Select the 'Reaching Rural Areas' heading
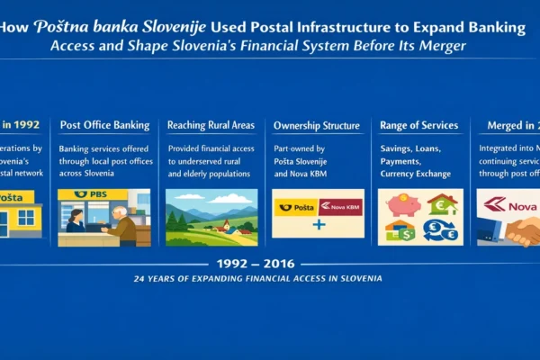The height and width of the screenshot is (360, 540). (211, 125)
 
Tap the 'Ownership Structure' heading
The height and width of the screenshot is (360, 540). (317, 125)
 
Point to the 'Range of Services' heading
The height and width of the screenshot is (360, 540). (418, 125)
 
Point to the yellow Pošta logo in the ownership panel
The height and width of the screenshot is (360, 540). (295, 207)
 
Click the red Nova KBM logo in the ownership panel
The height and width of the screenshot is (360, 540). (339, 207)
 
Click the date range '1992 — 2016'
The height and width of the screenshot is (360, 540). (269, 264)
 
